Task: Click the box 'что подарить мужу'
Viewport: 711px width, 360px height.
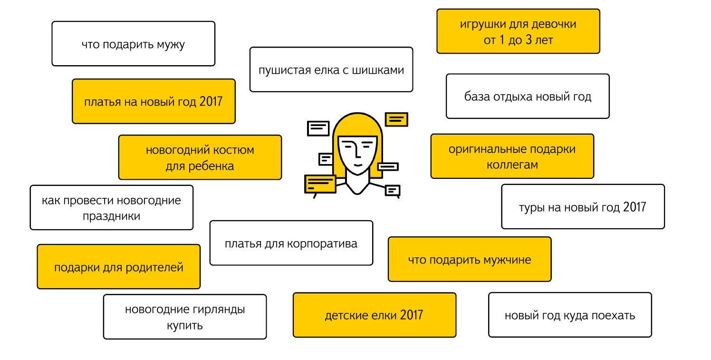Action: click(133, 44)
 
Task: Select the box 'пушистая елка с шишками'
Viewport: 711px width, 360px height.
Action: click(331, 69)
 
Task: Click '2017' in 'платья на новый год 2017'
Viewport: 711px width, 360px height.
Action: click(211, 102)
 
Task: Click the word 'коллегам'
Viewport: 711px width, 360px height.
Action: click(512, 165)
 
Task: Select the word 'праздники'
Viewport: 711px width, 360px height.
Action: click(111, 216)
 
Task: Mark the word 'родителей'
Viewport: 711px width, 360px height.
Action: click(154, 268)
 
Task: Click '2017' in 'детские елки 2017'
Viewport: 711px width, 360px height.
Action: click(412, 315)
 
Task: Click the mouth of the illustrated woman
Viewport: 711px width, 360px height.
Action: click(358, 165)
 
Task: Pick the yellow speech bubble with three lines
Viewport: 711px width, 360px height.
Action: click(320, 184)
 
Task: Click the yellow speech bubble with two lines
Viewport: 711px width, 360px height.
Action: click(396, 119)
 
